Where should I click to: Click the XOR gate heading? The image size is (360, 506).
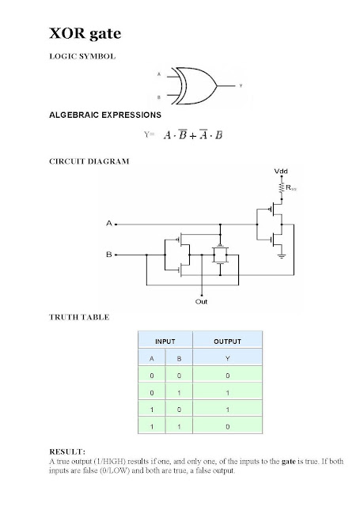click(x=85, y=33)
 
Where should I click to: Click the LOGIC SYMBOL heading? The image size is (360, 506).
click(x=82, y=56)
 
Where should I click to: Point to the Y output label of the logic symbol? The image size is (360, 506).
click(x=241, y=86)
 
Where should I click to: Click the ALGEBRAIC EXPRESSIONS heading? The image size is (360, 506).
click(x=105, y=115)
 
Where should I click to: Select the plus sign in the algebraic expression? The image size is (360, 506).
click(x=193, y=136)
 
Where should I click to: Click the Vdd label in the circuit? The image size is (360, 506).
click(x=281, y=171)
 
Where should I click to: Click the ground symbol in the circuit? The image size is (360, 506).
click(x=282, y=256)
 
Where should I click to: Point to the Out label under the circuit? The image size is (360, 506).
click(x=201, y=302)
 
